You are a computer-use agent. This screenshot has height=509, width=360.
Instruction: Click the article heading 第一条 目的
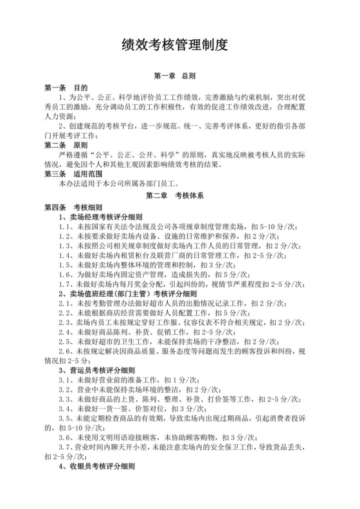(x=65, y=87)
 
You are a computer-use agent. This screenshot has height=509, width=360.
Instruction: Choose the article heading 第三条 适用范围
(x=70, y=174)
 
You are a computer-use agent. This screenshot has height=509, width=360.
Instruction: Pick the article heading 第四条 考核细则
(x=70, y=208)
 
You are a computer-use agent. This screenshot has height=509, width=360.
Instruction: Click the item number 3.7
(x=64, y=448)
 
